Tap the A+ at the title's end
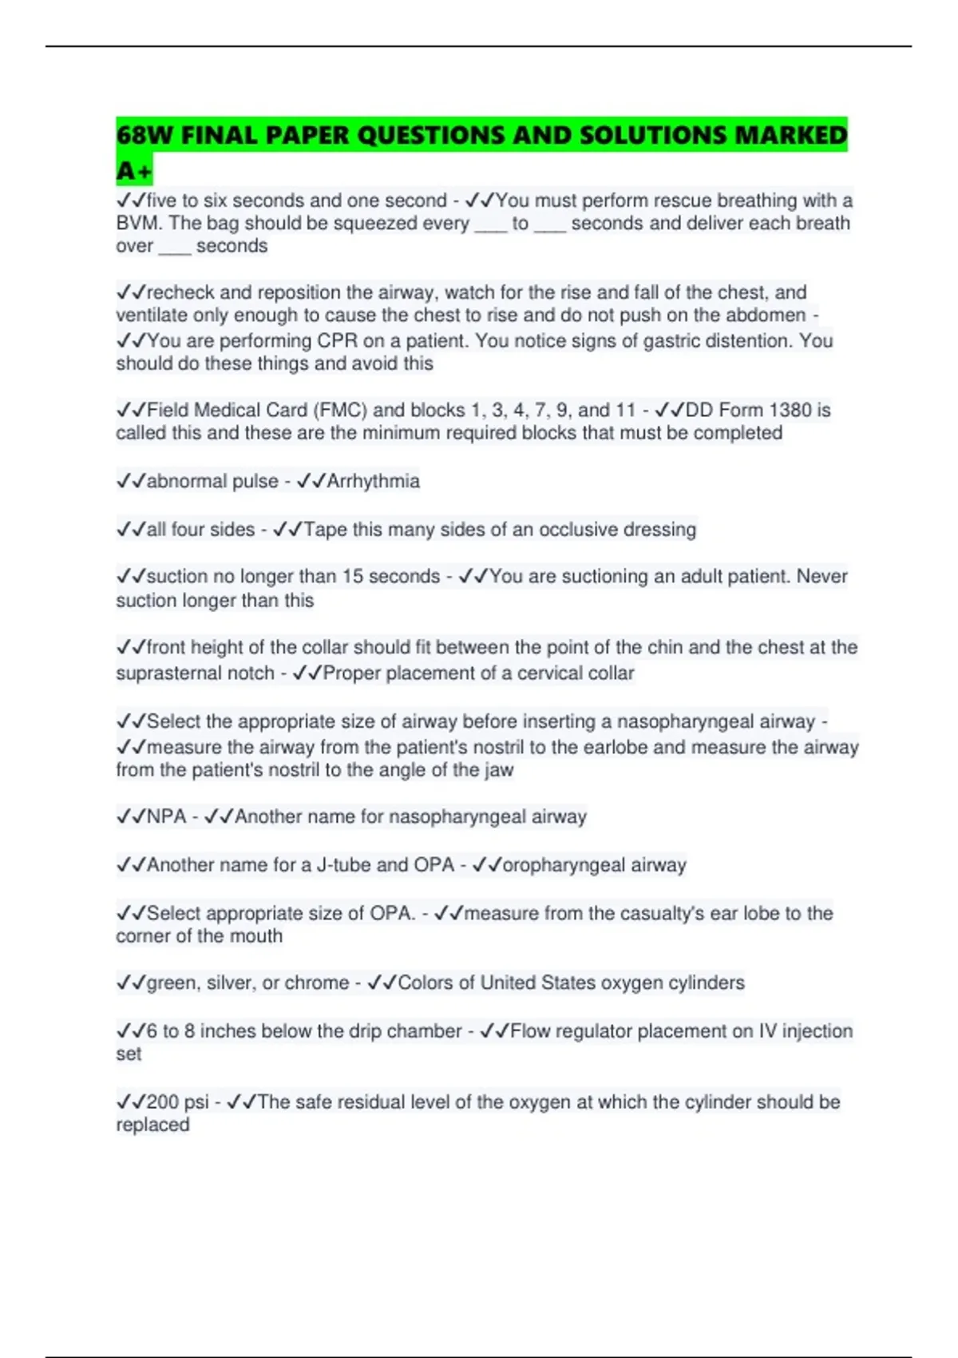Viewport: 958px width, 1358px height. click(133, 171)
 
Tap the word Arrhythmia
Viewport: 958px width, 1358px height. click(373, 482)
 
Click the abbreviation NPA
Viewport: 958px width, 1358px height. click(166, 817)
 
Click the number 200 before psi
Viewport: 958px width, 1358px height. click(163, 1102)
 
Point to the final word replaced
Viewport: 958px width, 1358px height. click(152, 1125)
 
